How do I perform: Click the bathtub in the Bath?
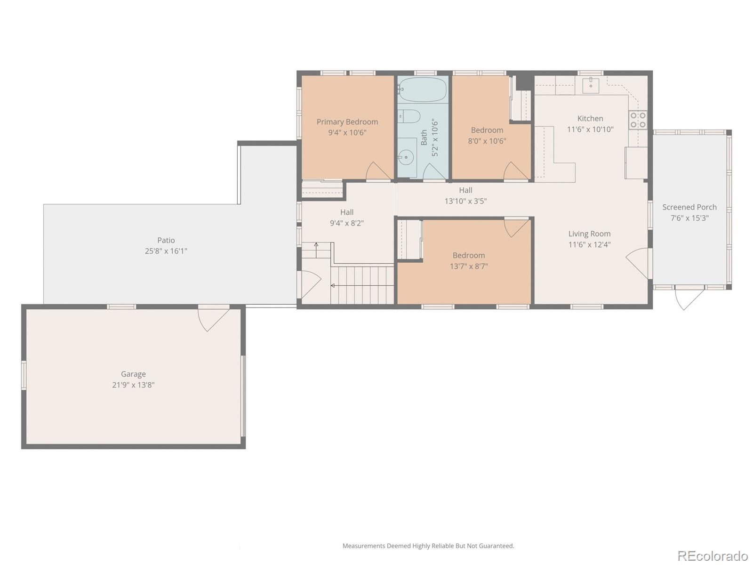point(423,89)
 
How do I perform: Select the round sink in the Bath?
point(405,157)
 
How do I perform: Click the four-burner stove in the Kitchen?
point(638,120)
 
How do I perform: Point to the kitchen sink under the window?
point(591,86)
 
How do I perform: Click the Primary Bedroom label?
point(347,122)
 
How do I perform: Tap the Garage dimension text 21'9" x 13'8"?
point(133,385)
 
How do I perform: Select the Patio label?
point(166,240)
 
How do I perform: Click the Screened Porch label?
point(689,207)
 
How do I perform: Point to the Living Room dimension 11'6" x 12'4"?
point(589,244)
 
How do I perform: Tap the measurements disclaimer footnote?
point(428,546)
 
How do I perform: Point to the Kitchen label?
point(590,119)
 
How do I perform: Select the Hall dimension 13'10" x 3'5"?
point(465,201)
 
